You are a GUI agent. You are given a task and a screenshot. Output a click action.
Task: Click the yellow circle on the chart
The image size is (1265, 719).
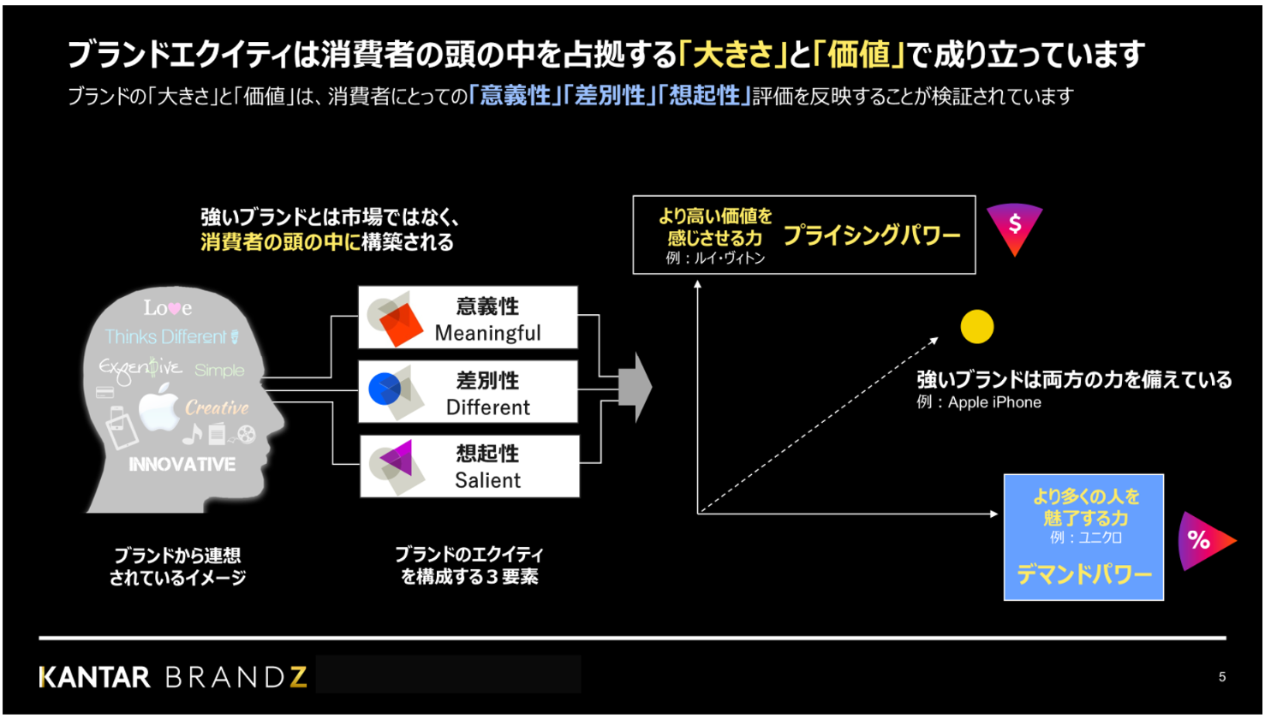976,327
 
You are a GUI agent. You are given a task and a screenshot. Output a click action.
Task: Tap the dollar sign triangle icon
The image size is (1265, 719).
1015,228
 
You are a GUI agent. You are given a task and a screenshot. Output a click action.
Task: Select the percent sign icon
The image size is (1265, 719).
1202,541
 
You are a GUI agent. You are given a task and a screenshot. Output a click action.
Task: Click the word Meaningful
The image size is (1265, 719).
487,333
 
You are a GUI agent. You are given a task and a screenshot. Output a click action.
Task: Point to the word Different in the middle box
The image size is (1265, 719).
488,407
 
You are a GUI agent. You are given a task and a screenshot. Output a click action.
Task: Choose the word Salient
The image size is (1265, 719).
487,481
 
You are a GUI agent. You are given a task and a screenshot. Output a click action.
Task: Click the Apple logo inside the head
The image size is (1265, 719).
158,408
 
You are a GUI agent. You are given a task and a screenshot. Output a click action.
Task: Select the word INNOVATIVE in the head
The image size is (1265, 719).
182,465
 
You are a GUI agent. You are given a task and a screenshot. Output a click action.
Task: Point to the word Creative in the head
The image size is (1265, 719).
217,408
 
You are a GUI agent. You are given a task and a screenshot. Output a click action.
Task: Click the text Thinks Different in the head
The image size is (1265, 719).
166,337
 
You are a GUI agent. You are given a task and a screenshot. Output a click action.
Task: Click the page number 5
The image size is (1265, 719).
1222,677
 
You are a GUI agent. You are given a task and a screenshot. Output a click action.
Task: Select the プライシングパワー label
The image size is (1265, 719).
871,236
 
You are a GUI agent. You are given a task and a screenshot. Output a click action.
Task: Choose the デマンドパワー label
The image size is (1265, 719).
1083,574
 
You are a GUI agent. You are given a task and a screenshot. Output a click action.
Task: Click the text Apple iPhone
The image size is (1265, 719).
994,402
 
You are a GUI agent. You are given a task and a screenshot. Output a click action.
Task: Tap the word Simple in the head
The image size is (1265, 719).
219,371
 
